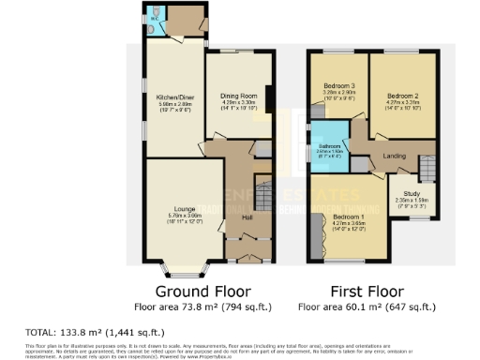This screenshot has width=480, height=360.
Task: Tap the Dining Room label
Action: coord(238,96)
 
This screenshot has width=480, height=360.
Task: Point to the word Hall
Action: coord(247,217)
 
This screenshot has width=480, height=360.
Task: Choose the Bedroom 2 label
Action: coord(401,95)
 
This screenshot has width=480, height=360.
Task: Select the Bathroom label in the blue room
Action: coord(328,145)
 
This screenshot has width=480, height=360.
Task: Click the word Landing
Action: coord(393,157)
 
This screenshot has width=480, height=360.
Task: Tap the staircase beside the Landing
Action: coord(427,166)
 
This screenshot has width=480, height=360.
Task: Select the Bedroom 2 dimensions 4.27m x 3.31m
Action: coord(401,101)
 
